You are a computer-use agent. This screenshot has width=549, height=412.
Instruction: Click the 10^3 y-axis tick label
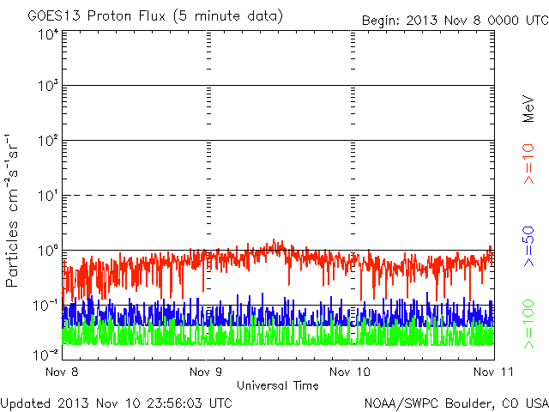pyautogui.click(x=47, y=86)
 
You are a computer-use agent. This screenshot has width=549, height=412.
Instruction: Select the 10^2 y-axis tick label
pyautogui.click(x=47, y=140)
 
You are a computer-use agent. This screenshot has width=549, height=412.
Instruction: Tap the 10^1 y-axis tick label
pyautogui.click(x=47, y=195)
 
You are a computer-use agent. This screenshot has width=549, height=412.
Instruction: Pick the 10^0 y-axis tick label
pyautogui.click(x=47, y=250)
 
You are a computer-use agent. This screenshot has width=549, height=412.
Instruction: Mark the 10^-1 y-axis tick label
pyautogui.click(x=45, y=305)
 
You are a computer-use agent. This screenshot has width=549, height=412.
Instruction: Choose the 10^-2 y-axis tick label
pyautogui.click(x=45, y=354)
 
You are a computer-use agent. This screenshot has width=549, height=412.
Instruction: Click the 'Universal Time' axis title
pyautogui.click(x=278, y=385)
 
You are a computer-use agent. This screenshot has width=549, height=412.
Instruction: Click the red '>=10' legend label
pyautogui.click(x=529, y=163)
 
